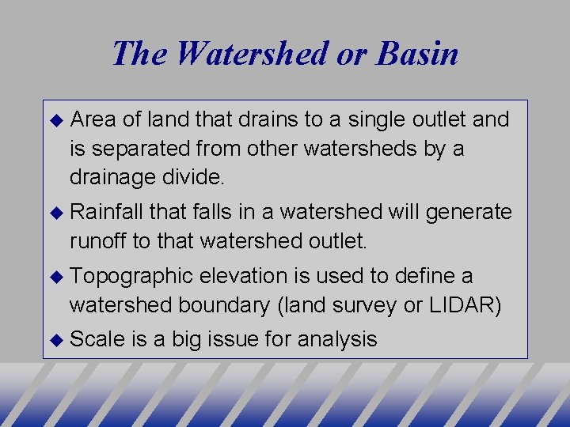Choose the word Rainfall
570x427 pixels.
pyautogui.click(x=106, y=212)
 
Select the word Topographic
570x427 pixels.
pyautogui.click(x=131, y=276)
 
